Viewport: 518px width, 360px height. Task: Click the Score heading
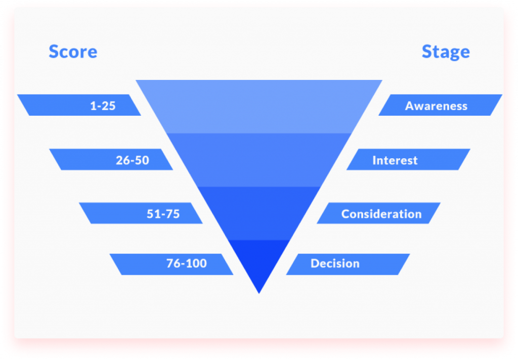pos(73,52)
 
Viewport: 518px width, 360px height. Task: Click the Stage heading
pos(446,52)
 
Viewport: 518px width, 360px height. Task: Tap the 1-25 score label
pos(103,106)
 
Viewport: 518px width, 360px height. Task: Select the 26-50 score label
pos(133,160)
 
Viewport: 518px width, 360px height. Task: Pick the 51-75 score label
pos(163,214)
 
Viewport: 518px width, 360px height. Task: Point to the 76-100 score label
pos(187,263)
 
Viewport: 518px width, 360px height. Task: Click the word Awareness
pos(436,106)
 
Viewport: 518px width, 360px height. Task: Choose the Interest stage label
pos(395,160)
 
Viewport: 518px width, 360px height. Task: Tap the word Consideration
pos(381,214)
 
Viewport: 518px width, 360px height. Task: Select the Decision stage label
pos(335,263)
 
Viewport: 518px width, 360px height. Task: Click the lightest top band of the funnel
pos(259,106)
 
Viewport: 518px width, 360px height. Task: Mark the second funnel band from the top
pos(259,160)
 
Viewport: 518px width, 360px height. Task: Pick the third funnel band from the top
pos(259,213)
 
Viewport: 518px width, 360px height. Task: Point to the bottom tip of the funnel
pos(259,293)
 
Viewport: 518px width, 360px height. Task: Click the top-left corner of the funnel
pos(136,80)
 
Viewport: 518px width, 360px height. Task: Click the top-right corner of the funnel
pos(382,80)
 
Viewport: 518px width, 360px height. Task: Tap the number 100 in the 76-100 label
pos(197,263)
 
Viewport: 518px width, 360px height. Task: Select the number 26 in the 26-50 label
pos(122,160)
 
